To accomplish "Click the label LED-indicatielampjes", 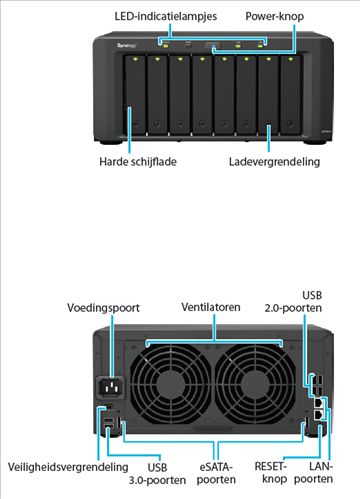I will [x=163, y=17].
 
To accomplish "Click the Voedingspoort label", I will [x=105, y=306].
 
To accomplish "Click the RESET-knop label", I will [x=273, y=473].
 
